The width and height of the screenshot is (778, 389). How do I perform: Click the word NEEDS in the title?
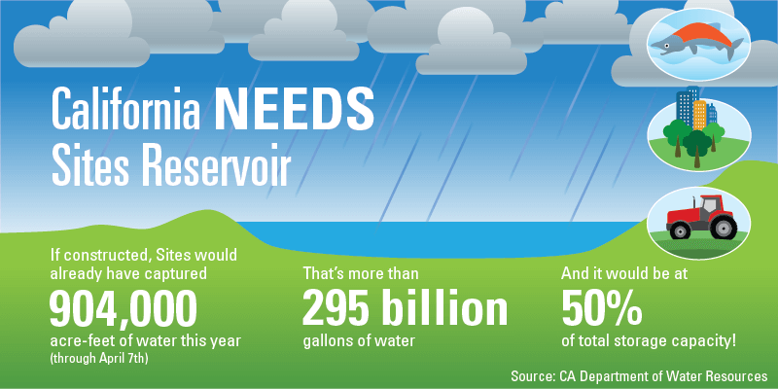[295, 108]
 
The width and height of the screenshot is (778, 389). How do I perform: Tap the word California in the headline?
[126, 108]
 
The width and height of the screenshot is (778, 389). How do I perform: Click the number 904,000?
[124, 310]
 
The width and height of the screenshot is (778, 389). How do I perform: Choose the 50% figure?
[601, 309]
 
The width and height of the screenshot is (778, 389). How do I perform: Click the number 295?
[336, 310]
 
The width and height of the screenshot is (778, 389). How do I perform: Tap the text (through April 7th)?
[100, 359]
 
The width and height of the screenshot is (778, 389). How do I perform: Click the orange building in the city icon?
[699, 115]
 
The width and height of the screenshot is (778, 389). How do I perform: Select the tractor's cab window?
[708, 204]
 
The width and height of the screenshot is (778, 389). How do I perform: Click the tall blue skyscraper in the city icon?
[686, 107]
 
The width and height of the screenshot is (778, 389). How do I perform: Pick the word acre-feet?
[75, 342]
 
